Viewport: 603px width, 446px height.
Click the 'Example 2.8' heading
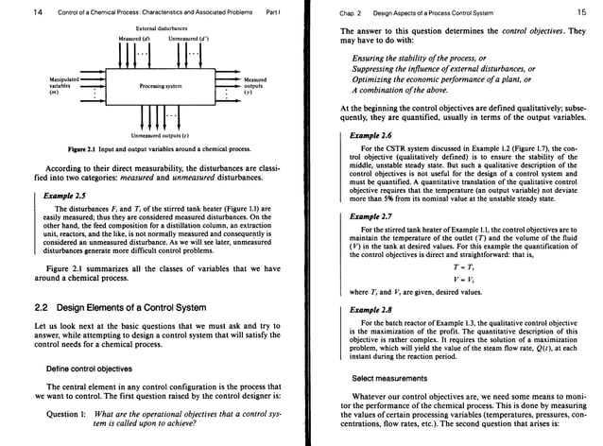[370, 309]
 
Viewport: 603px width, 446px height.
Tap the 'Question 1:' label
[69, 416]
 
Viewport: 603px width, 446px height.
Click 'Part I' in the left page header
[273, 11]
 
